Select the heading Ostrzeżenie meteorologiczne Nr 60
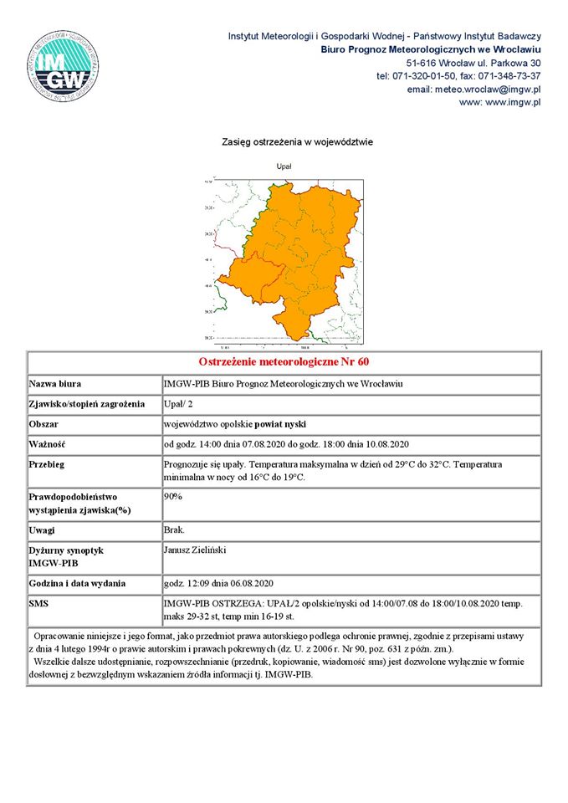point(284,362)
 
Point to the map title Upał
point(284,166)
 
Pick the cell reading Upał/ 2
point(177,405)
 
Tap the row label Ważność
point(48,444)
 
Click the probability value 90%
point(173,496)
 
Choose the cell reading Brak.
point(175,530)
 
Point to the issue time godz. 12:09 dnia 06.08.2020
point(219,583)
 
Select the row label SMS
point(39,603)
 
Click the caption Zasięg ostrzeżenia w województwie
point(297,142)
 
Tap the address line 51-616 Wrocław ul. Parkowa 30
point(473,63)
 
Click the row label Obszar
point(45,425)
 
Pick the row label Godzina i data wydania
point(77,583)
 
